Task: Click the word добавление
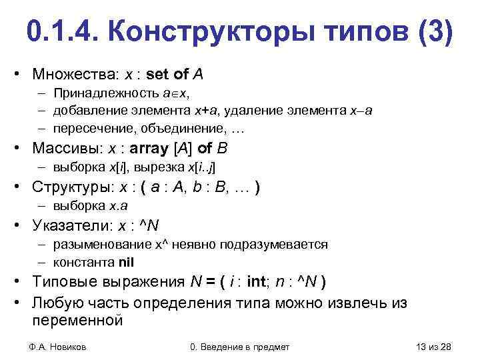tap(88, 110)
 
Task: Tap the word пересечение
tap(90, 127)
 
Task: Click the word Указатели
tap(76, 225)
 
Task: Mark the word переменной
tap(77, 320)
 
